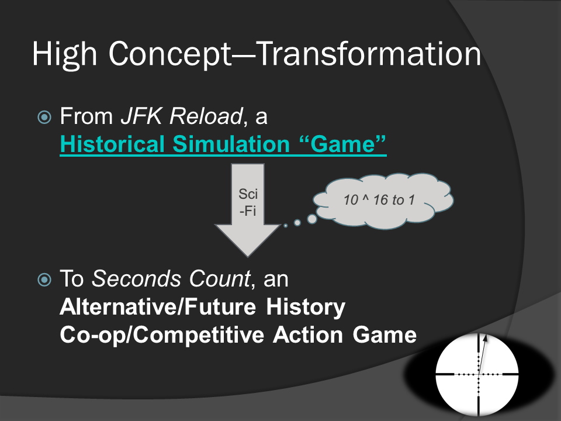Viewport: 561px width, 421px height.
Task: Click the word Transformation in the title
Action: coord(369,54)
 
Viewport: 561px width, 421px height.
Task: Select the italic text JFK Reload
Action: coord(182,116)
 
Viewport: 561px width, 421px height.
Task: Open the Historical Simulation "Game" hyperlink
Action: coord(223,144)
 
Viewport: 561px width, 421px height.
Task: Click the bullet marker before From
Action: coord(44,117)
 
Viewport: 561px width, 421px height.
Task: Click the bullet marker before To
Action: coord(44,279)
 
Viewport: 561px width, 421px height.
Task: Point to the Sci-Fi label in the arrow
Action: coord(248,202)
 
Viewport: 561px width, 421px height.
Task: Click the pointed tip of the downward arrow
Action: coord(248,256)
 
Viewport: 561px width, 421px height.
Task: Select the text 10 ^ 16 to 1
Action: coord(379,200)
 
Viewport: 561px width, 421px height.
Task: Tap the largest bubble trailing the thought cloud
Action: coord(312,219)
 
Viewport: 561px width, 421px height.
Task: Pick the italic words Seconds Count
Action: coord(171,278)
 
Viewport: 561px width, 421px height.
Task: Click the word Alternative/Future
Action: coord(158,307)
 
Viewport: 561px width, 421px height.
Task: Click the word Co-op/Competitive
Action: coord(162,335)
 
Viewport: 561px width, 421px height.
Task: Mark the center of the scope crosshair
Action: coord(478,374)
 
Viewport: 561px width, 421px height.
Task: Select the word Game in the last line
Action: coord(385,334)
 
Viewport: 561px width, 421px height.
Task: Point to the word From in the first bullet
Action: coord(86,116)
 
